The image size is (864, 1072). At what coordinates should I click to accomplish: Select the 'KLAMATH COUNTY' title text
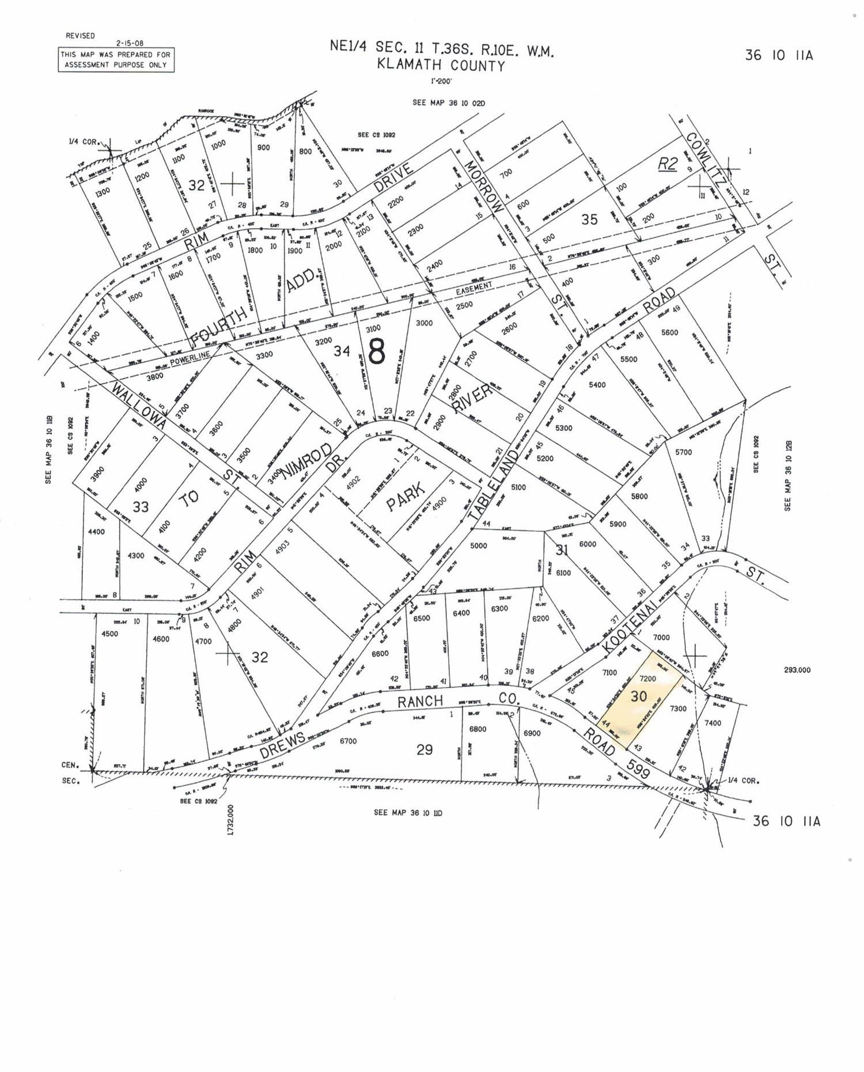(441, 66)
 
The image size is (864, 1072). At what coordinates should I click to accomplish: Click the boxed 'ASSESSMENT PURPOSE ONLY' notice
(116, 60)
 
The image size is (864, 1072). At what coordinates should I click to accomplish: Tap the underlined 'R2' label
(668, 164)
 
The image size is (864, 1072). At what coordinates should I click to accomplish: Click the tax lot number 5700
(683, 452)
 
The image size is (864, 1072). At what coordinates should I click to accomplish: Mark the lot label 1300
(103, 193)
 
